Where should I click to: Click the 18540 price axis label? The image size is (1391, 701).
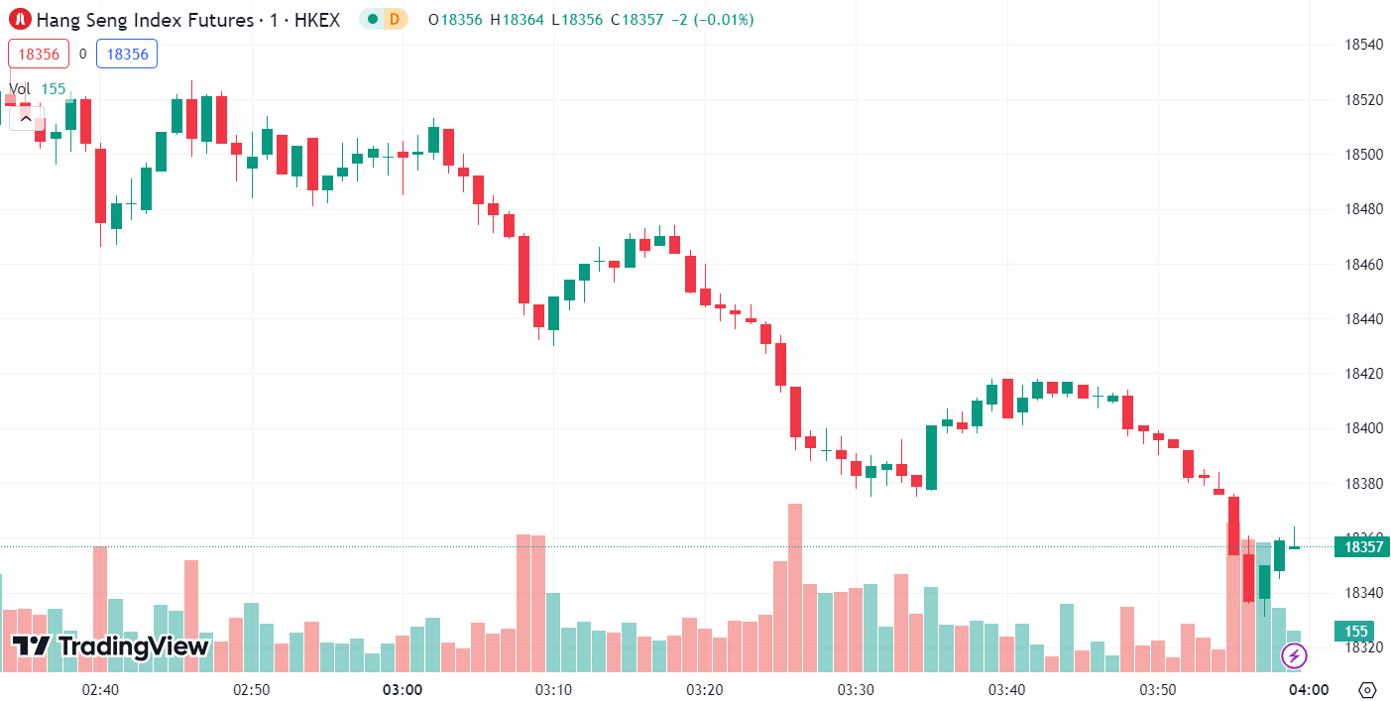point(1363,45)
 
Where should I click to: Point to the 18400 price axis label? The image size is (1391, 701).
point(1363,428)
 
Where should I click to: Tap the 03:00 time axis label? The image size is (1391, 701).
point(402,690)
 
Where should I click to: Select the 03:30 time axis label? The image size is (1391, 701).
point(855,690)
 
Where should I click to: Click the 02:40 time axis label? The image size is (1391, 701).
point(100,690)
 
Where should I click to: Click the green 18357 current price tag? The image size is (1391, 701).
point(1363,546)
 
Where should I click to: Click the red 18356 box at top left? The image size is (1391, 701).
point(39,55)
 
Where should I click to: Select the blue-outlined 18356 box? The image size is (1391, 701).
point(127,55)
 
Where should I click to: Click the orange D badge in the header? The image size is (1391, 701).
point(395,19)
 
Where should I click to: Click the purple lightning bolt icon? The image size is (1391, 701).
point(1294,655)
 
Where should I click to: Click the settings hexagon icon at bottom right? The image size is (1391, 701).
point(1367,690)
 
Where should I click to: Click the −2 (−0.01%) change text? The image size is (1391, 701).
point(712,19)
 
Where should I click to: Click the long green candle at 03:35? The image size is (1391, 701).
point(931,457)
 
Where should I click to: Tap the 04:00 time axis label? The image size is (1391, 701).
point(1308,690)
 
